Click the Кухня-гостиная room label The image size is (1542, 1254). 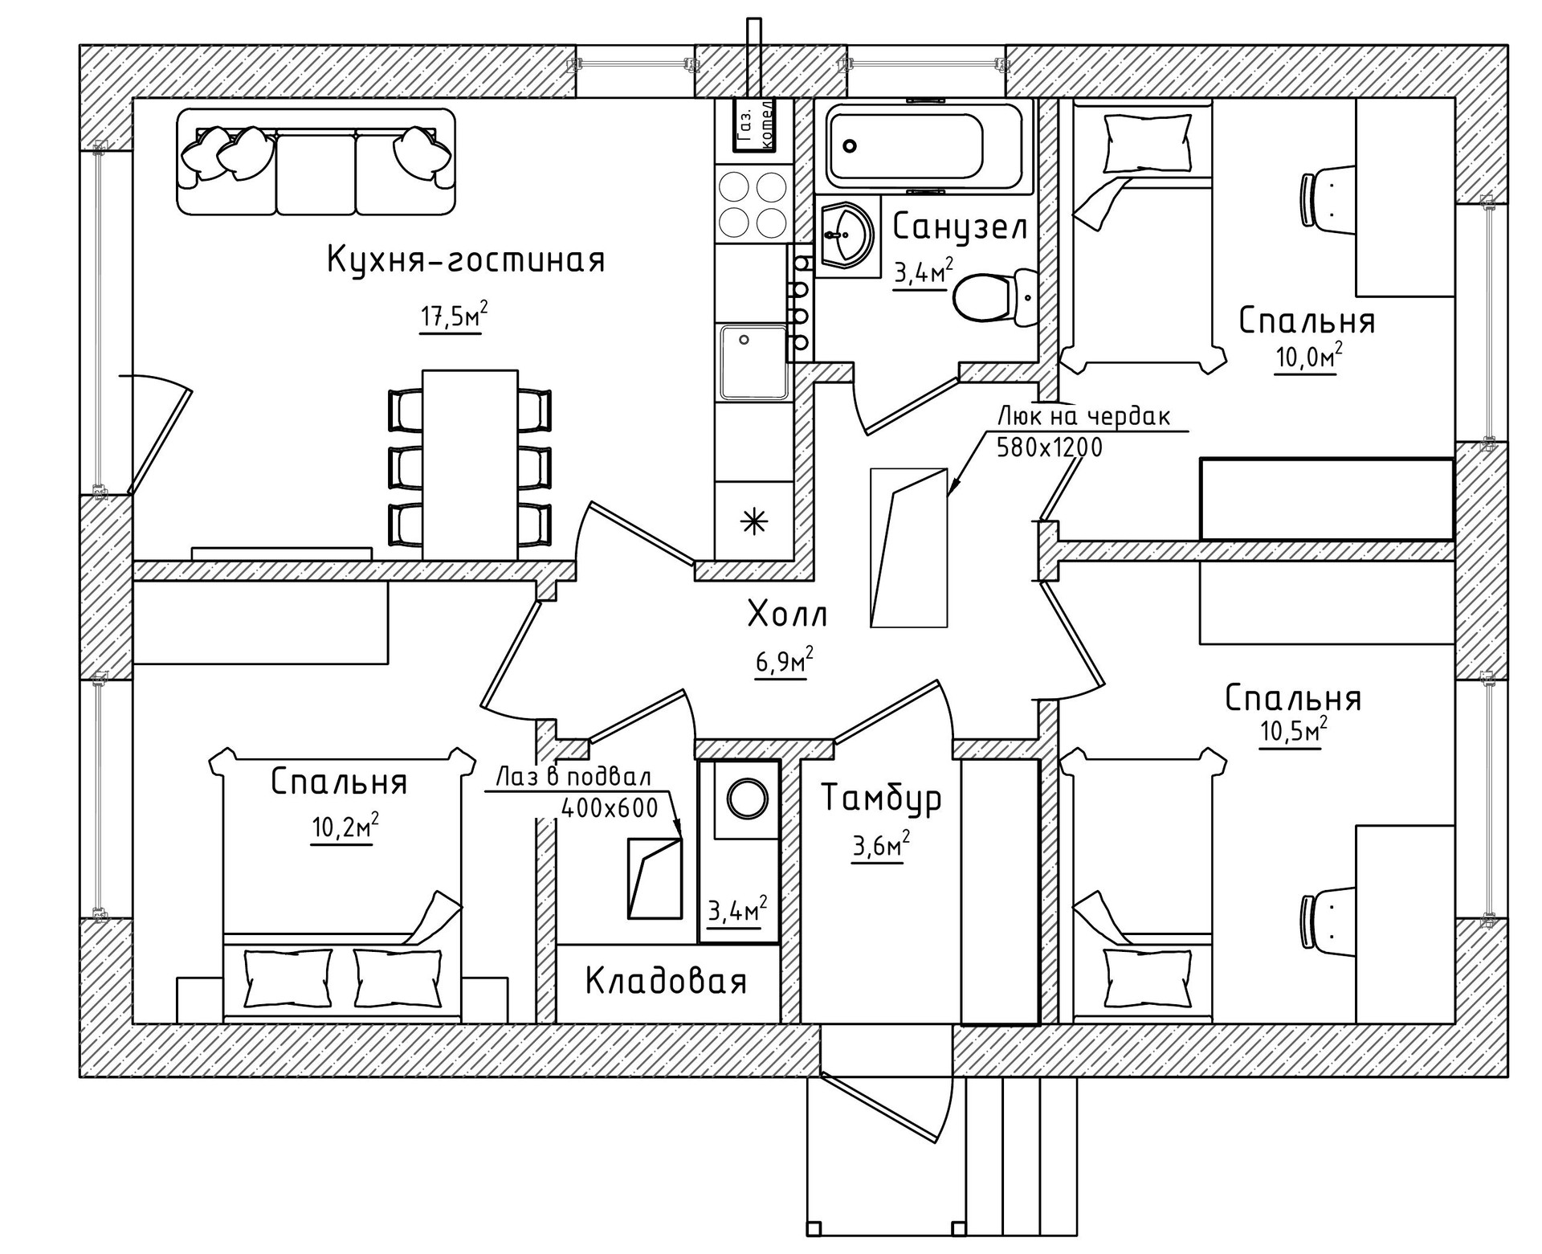tap(466, 259)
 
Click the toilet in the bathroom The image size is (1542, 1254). tap(996, 297)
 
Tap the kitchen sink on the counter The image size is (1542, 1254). tap(753, 361)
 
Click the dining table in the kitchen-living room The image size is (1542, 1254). tap(470, 464)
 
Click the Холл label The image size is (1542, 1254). tap(787, 615)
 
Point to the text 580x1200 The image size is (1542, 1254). tap(1049, 447)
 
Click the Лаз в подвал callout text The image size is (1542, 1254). tap(573, 778)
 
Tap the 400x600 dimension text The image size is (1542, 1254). tap(610, 807)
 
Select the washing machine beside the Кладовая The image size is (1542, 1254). tap(746, 799)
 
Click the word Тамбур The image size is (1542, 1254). tap(881, 799)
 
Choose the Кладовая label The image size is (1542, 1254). tap(666, 981)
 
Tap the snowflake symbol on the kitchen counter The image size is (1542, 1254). tap(753, 522)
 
